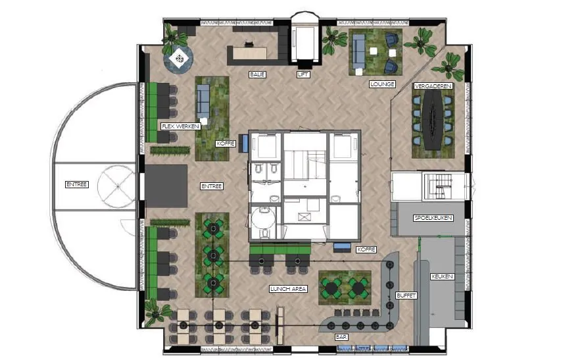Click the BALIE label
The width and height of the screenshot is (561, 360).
pos(258,74)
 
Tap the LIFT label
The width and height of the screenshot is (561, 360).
pos(303,74)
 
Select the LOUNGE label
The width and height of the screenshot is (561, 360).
pos(382,84)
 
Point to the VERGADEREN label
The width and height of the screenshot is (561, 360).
pos(433,86)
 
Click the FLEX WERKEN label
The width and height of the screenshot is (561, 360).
pos(180,126)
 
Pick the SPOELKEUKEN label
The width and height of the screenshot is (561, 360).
pos(433,218)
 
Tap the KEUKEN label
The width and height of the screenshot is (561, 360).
pos(442,276)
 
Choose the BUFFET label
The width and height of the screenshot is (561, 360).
pos(406,296)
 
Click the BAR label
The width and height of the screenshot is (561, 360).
pos(341,337)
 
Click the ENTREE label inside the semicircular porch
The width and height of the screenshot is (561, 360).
pos(77,185)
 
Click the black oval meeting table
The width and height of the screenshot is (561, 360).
pos(433,118)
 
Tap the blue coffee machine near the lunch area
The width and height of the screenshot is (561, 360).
pos(343,247)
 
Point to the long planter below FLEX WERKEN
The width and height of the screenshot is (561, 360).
pos(170,151)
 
